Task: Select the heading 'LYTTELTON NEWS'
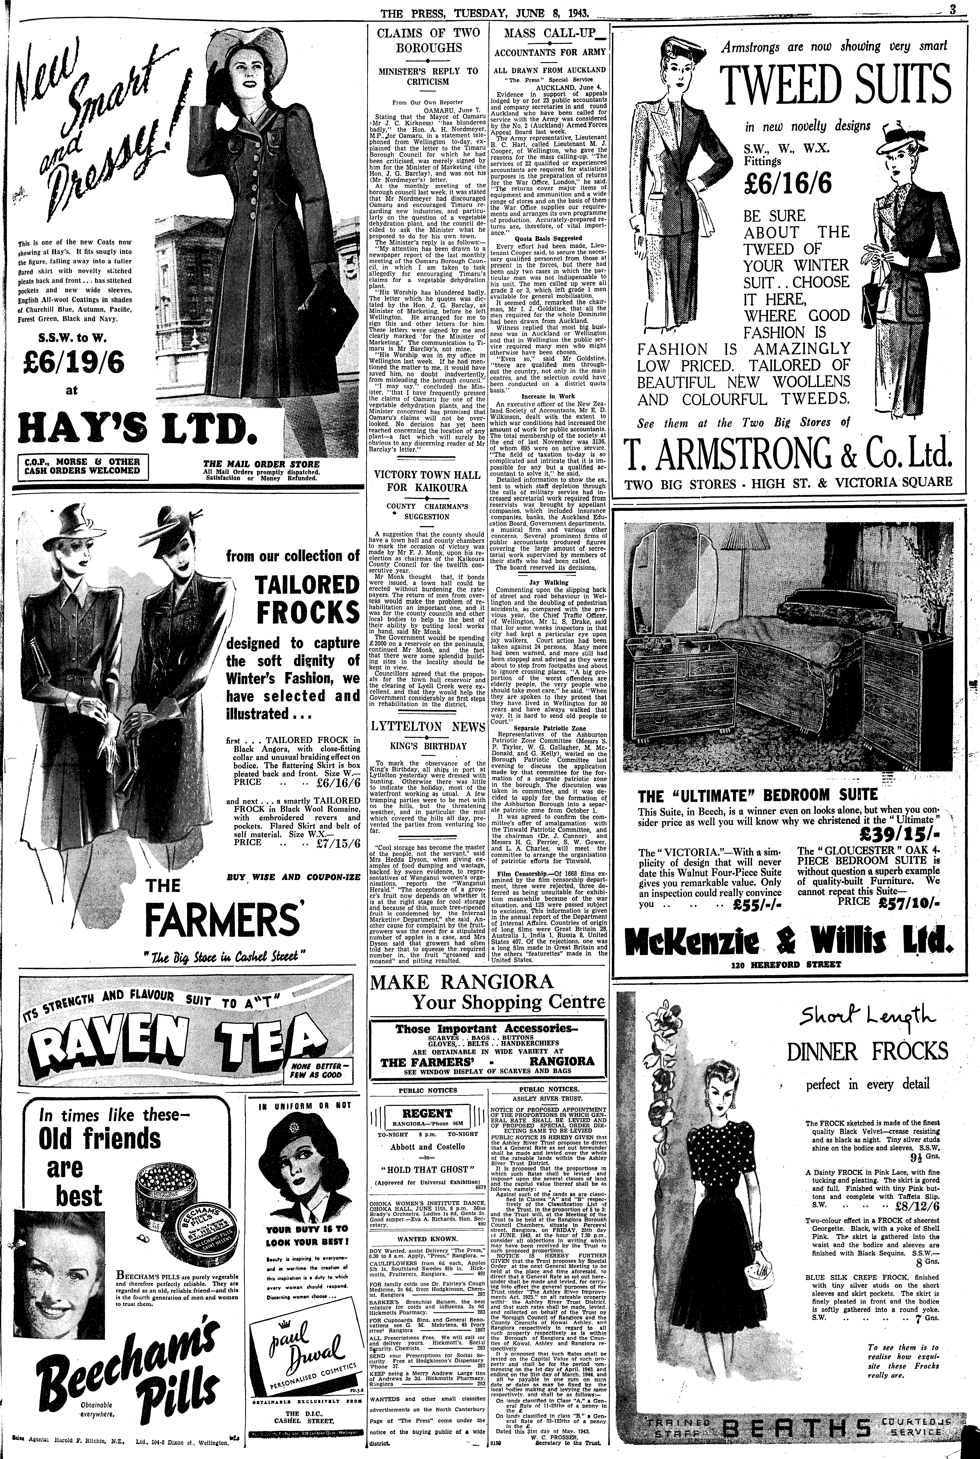click(x=427, y=727)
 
